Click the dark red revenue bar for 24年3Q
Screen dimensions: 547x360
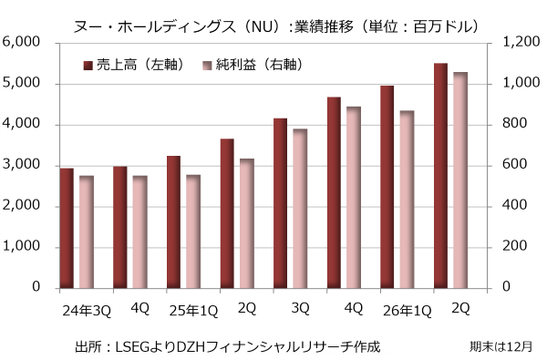[67, 229]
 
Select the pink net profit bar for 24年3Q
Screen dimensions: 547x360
[87, 232]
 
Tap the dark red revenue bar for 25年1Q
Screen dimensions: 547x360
[174, 222]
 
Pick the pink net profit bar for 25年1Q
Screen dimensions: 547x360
[193, 231]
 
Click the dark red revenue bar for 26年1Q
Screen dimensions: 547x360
[387, 187]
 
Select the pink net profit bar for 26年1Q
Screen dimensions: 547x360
[408, 200]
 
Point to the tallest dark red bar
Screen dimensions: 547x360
[440, 176]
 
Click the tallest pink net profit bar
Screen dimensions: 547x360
[460, 180]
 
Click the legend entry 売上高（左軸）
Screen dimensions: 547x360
[134, 65]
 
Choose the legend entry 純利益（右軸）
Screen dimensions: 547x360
[253, 65]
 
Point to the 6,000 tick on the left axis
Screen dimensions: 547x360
[21, 42]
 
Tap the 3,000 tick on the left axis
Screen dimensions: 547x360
[21, 165]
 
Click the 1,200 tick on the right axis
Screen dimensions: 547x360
[521, 42]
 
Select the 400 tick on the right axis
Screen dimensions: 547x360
[514, 205]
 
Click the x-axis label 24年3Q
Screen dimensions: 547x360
[87, 311]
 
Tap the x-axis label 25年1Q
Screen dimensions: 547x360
[193, 311]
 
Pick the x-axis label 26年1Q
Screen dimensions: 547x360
[408, 311]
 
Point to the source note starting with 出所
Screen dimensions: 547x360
[227, 346]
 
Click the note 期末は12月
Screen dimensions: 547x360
[501, 346]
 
